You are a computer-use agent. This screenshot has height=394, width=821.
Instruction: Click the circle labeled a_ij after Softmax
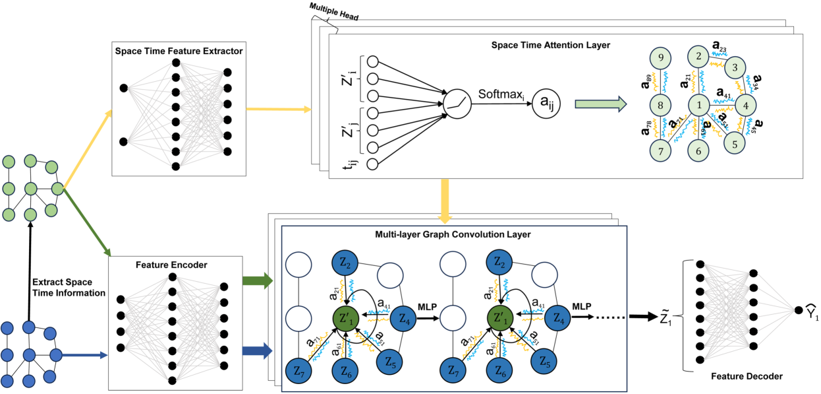pyautogui.click(x=546, y=104)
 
